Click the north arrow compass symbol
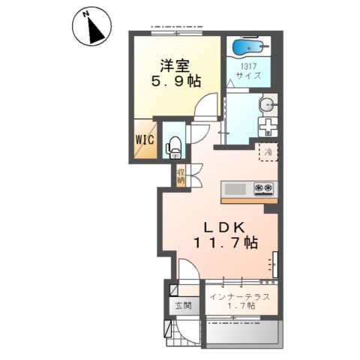pos(91,26)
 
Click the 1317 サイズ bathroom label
pos(249,71)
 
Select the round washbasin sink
pos(267,103)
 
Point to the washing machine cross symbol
pos(268,127)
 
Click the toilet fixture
pos(173,148)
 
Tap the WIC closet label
pos(145,139)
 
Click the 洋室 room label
pos(175,65)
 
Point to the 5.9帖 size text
pos(176,81)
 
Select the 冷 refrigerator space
pos(268,152)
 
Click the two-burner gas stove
pos(263,189)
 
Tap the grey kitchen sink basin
pos(235,189)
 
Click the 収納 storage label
pos(181,176)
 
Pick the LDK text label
pos(224,227)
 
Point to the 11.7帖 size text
pos(226,242)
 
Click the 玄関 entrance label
pos(184,305)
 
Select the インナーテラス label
pos(240,297)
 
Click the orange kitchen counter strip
pos(249,201)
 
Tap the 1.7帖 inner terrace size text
pos(241,306)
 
